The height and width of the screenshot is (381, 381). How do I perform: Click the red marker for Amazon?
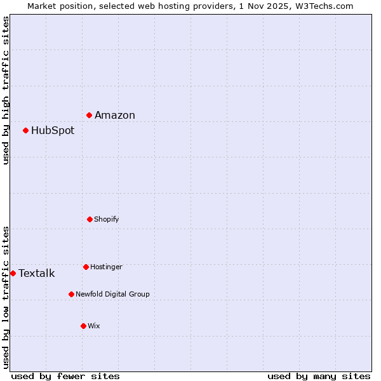[90, 115]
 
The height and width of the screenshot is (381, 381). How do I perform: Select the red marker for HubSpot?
[26, 130]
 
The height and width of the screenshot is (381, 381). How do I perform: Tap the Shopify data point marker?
[90, 219]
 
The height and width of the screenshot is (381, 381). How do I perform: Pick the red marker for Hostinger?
[86, 267]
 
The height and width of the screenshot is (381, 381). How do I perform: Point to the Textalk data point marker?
[13, 273]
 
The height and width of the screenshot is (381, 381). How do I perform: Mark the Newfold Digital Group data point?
[71, 294]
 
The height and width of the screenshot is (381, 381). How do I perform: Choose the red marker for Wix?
[83, 326]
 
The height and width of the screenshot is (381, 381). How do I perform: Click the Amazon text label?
[115, 115]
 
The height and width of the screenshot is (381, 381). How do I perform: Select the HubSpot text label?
[53, 130]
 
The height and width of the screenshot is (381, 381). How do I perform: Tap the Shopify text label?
[107, 219]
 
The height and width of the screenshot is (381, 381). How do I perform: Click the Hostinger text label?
[106, 267]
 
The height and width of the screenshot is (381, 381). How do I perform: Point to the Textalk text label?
[37, 274]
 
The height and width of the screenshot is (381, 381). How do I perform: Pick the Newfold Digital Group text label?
[112, 294]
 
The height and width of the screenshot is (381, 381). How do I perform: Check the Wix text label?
[94, 326]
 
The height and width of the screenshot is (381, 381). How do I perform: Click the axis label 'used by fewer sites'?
[65, 376]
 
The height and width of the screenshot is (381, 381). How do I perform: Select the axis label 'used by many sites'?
[319, 376]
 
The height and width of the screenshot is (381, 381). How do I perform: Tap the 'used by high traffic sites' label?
[6, 90]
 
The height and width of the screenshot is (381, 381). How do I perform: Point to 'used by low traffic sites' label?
[6, 297]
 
